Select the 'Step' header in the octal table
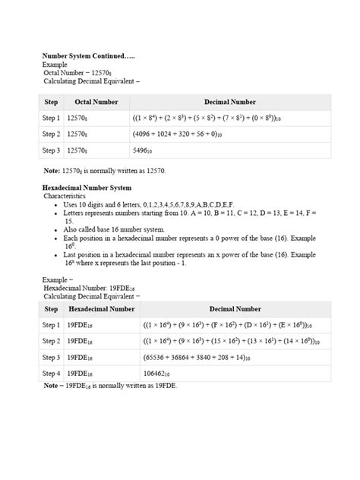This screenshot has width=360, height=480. point(52,102)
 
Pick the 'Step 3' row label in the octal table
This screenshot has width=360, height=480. point(52,150)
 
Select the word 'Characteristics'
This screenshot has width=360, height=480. point(65,196)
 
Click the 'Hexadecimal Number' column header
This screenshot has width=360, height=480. point(102,309)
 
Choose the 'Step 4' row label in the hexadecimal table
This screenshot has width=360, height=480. point(52,374)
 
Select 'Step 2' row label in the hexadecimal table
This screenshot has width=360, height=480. point(52,341)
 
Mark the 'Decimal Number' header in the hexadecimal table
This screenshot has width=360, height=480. point(235,309)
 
